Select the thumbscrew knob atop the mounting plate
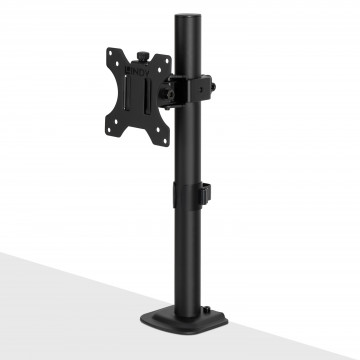131,43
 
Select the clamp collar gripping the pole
190,85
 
